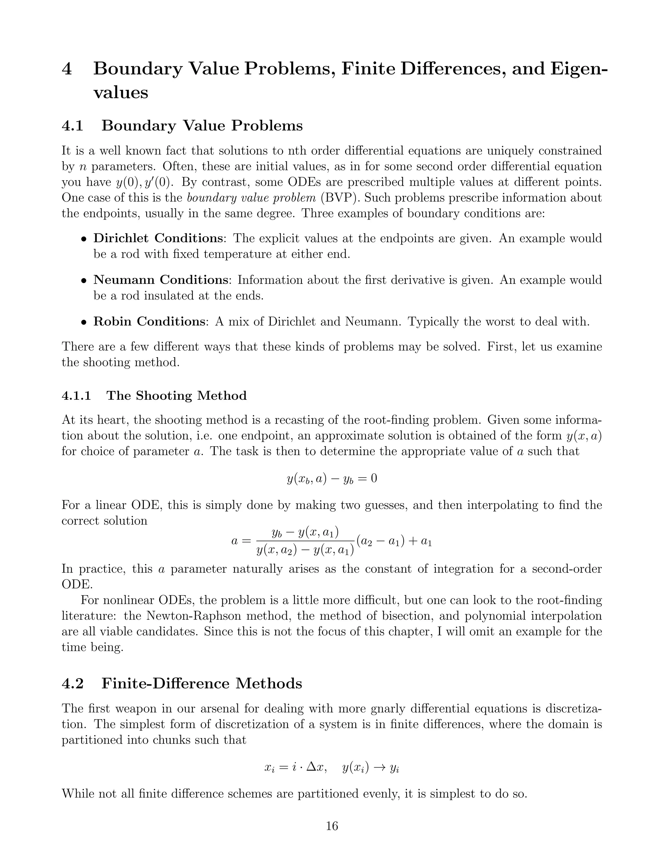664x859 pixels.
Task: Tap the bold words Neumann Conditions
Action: pyautogui.click(x=160, y=280)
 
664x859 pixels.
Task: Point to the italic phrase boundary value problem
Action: pyautogui.click(x=251, y=198)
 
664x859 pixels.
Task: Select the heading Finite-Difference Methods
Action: pyautogui.click(x=202, y=684)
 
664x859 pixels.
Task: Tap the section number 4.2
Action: pyautogui.click(x=73, y=684)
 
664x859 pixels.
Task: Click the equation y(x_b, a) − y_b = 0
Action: pyautogui.click(x=332, y=479)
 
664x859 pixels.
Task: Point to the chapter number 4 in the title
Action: pyautogui.click(x=67, y=69)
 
